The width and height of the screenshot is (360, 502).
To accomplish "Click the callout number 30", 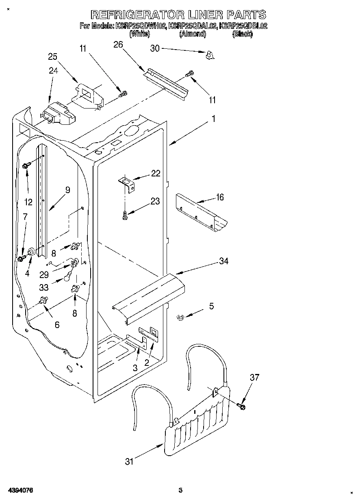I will coord(155,48).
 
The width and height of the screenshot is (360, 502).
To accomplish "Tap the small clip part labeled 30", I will coord(210,55).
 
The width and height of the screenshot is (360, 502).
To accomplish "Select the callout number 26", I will coord(118,45).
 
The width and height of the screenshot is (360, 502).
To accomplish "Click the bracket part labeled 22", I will coord(127,182).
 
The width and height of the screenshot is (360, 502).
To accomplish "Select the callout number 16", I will coord(220,197).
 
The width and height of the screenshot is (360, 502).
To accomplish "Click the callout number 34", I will coord(223,261).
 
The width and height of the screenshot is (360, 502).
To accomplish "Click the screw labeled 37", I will coord(241,405).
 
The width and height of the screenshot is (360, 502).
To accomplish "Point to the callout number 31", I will coord(129,461).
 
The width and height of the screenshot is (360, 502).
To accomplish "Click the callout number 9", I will coord(67,189).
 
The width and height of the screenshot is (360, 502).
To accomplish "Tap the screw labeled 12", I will coord(26,165).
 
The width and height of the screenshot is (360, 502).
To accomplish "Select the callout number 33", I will coord(44,287).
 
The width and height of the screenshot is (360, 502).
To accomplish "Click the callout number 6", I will coord(57,324).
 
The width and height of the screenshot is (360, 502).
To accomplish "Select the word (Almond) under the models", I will coord(193,35).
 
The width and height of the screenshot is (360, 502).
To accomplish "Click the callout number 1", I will coord(213,120).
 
